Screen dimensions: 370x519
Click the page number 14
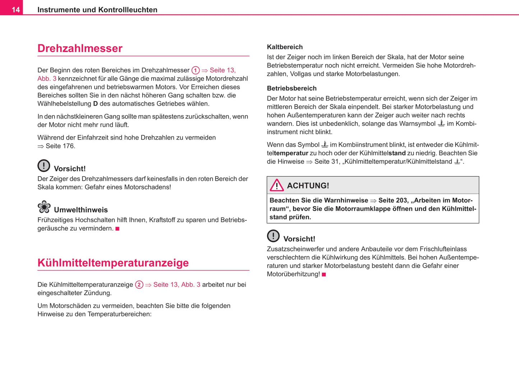[x=15, y=10]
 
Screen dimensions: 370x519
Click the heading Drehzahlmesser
[x=80, y=48]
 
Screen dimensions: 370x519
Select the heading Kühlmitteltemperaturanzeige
[x=113, y=262]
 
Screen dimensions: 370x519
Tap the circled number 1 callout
[x=195, y=70]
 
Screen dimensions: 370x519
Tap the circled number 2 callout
[x=139, y=285]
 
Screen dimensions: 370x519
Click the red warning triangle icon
[x=277, y=186]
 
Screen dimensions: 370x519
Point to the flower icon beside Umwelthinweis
[x=44, y=207]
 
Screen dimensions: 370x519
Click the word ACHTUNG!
[x=308, y=186]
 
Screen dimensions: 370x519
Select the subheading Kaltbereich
[x=284, y=47]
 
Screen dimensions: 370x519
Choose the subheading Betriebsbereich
[x=292, y=88]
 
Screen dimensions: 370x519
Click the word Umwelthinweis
[x=81, y=210]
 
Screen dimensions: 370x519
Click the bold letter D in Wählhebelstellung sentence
[x=96, y=104]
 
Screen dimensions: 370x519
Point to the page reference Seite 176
[x=60, y=146]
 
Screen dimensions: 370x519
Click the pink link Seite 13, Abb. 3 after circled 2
[x=176, y=285]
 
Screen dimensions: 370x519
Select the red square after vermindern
[x=117, y=229]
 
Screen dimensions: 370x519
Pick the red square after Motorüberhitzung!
[x=324, y=274]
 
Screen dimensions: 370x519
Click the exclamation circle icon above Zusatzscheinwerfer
[x=273, y=236]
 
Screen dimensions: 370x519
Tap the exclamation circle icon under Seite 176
[x=44, y=166]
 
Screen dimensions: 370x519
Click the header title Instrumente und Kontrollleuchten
[x=97, y=10]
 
